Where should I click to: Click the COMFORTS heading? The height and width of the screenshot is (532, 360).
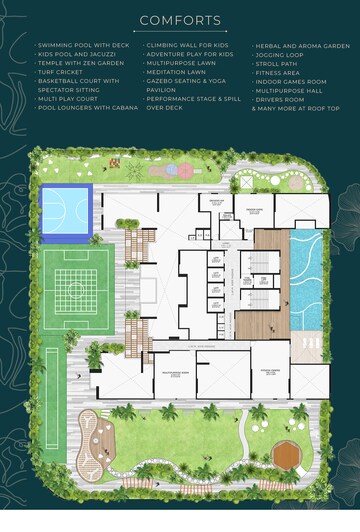tap(180, 20)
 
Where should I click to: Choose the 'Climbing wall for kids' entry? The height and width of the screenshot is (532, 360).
tap(186, 46)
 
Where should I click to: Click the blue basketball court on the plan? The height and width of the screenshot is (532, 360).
tap(65, 209)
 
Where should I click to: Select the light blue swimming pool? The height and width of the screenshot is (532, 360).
tap(306, 281)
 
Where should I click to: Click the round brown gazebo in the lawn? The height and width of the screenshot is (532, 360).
tap(287, 456)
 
